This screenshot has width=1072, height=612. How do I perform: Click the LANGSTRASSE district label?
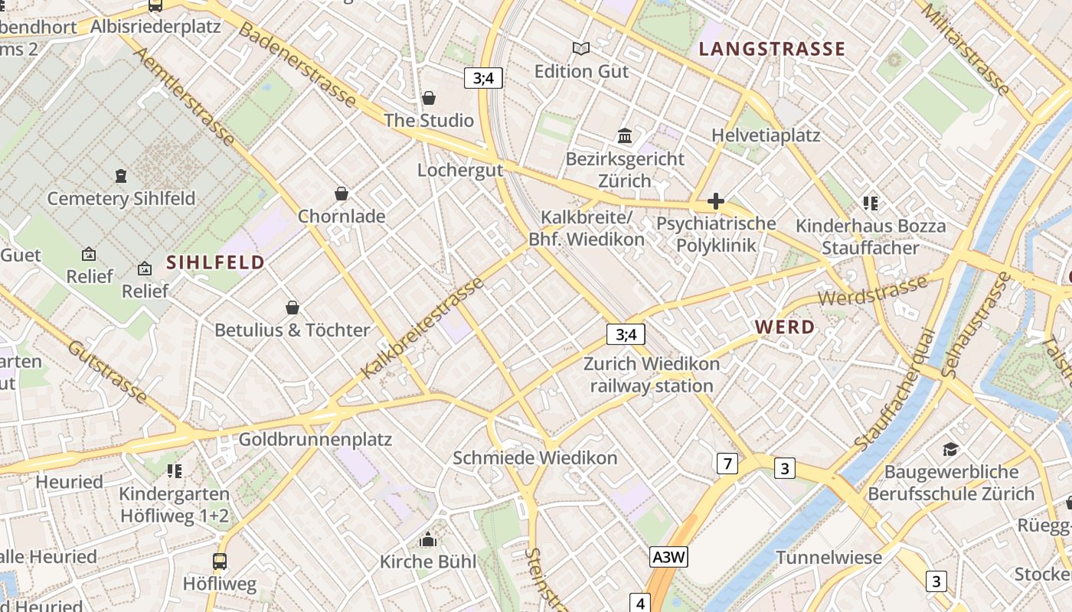772,50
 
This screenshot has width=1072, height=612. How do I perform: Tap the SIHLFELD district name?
215,262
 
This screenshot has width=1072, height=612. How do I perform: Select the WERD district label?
785,327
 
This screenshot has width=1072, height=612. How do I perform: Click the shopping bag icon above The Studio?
429,98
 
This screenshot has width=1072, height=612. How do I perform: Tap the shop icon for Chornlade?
342,194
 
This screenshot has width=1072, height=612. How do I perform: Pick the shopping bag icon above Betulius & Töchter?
292,308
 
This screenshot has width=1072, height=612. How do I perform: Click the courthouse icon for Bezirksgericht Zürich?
625,136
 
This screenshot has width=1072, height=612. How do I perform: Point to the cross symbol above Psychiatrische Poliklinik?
716,201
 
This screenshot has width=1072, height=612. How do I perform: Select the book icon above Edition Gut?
581,49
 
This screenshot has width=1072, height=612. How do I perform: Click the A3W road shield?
667,557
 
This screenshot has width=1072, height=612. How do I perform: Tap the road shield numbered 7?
727,463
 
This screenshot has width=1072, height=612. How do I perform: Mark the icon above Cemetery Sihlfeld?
121,176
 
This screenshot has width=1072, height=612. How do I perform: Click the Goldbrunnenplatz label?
315,440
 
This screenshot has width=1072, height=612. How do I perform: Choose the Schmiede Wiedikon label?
534,458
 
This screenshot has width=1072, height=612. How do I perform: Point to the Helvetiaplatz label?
766,135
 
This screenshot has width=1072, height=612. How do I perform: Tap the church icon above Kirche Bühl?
428,540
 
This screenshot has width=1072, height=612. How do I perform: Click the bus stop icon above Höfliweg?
220,562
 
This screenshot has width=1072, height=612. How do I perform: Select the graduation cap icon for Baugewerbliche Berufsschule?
950,449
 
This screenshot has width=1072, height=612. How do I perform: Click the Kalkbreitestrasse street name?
423,327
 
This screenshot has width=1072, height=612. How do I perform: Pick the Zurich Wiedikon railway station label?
652,374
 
